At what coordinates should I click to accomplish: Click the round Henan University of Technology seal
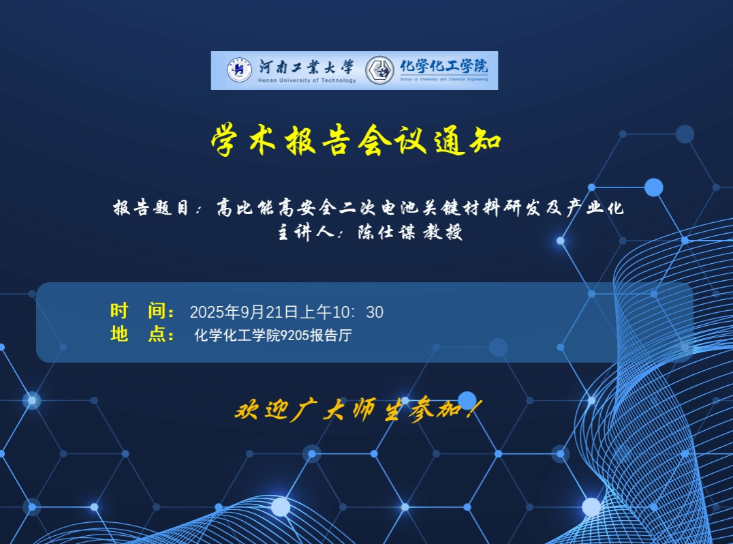pos(239,70)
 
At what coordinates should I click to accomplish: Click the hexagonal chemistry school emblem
pos(379,71)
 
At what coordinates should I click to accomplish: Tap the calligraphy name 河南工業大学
pos(307,67)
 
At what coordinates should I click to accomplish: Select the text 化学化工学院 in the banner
pos(443,66)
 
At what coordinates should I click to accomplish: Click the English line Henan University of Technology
pos(307,80)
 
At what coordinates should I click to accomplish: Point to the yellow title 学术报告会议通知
pos(356,140)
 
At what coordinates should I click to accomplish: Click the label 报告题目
pos(150,207)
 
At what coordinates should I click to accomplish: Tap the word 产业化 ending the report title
pos(595,207)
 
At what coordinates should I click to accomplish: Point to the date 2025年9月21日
pos(244,312)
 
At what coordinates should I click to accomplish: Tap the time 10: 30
pos(358,312)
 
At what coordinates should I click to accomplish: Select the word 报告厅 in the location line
pos(330,335)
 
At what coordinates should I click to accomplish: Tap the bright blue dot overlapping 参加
pos(467,401)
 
